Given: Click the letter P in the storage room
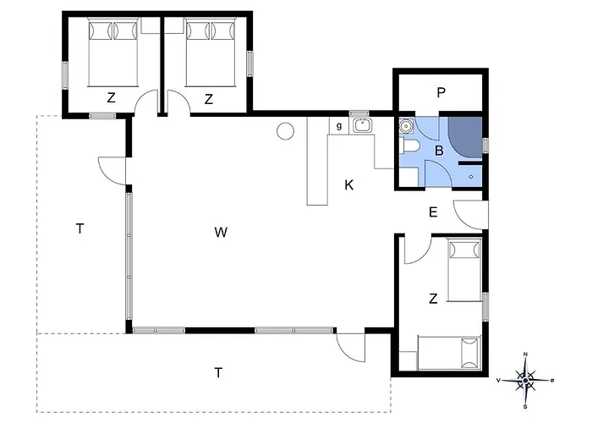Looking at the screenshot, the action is click(441, 92).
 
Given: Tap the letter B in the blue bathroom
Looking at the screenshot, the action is click(439, 151).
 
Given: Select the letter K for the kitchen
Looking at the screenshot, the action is click(348, 185).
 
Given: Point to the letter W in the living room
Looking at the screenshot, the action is click(221, 232).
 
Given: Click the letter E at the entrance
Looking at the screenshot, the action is click(433, 211).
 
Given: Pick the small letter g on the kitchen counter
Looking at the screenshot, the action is click(339, 126).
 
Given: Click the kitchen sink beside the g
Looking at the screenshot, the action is click(363, 125).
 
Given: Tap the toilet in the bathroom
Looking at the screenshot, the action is click(409, 146).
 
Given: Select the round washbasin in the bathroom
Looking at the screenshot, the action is click(406, 126).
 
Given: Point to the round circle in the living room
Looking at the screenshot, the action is click(286, 131).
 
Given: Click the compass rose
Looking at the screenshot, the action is click(525, 380).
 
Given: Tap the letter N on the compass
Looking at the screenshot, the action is click(525, 354).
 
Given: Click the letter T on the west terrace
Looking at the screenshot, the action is click(79, 228).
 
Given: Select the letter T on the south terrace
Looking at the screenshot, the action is click(218, 373).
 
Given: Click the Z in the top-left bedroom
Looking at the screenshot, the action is click(111, 98).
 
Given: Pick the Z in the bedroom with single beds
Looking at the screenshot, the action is click(433, 299).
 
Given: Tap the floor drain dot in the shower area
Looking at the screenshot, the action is click(471, 176).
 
